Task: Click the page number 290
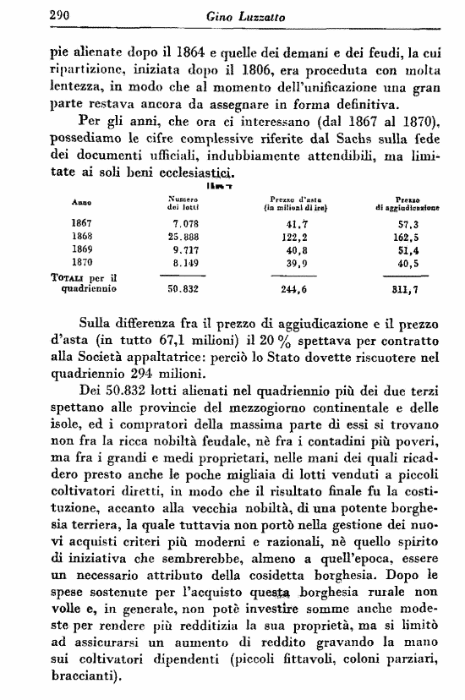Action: pos(36,13)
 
